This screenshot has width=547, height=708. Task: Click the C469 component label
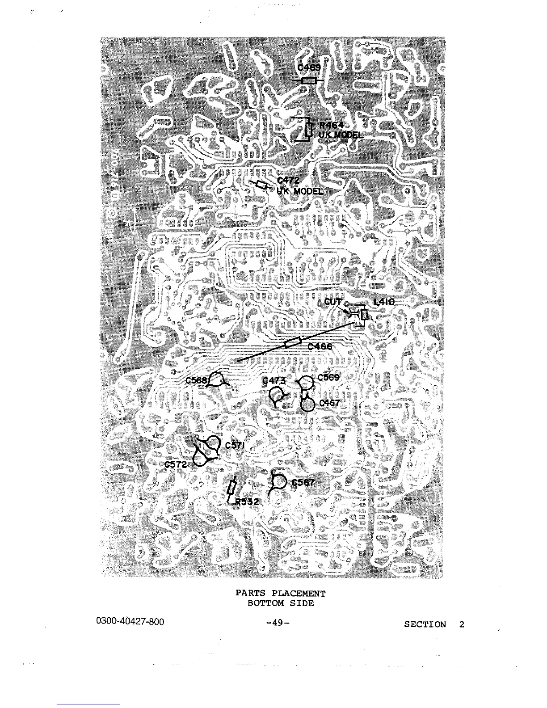click(309, 68)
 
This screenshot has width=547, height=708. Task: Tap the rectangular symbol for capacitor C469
click(309, 80)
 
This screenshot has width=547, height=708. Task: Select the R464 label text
click(331, 126)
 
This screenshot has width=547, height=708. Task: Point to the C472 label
click(288, 181)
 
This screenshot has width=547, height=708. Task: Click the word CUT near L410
click(333, 302)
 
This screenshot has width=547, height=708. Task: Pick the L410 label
click(384, 302)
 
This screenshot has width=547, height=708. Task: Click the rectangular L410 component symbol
click(364, 315)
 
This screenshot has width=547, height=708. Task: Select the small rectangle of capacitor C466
click(292, 343)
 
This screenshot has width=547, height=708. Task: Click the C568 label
click(197, 380)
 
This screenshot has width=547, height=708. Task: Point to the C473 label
click(273, 380)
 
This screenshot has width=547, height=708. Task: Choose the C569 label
click(328, 377)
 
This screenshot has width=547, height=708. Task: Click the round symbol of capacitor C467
click(308, 405)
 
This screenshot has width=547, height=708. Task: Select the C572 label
click(175, 464)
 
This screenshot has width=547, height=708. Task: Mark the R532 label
click(247, 502)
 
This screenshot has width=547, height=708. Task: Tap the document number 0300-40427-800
click(130, 622)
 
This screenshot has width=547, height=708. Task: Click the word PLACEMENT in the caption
click(299, 594)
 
